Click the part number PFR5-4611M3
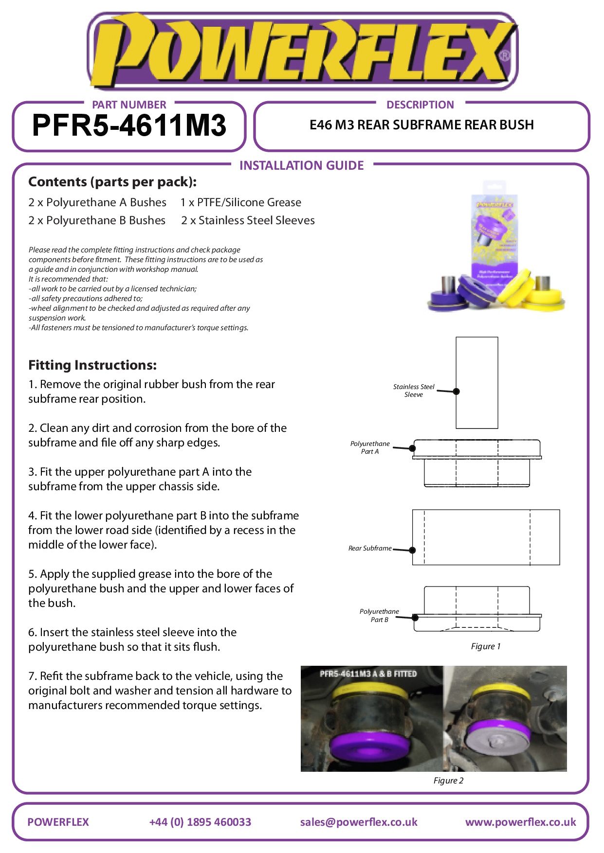point(129,125)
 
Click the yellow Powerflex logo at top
point(302,51)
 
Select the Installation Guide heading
point(301,165)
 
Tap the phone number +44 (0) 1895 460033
point(200,822)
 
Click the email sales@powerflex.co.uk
point(359,822)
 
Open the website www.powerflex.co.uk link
point(520,822)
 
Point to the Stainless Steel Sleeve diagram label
point(414,391)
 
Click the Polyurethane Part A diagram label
point(370,447)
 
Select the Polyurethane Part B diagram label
point(379,615)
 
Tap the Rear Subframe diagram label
point(370,548)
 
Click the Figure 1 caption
point(485,646)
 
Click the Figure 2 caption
point(448,781)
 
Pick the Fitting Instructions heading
point(92,365)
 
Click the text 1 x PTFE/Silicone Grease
point(240,202)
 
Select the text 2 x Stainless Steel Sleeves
point(248,220)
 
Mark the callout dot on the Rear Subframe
point(412,550)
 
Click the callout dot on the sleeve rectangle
point(456,391)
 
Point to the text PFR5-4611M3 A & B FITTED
point(368,674)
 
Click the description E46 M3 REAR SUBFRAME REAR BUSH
point(421,125)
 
